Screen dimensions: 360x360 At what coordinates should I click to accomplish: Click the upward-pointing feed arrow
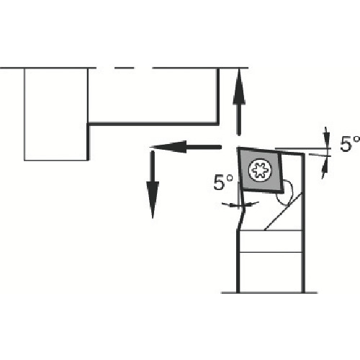pyautogui.click(x=239, y=102)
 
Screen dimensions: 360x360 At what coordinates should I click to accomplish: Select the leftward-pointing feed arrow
pyautogui.click(x=185, y=147)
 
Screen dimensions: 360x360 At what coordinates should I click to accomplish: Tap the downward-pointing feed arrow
pyautogui.click(x=153, y=184)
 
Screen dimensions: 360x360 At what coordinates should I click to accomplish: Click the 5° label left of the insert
pyautogui.click(x=223, y=183)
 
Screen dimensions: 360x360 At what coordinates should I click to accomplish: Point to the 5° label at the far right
pyautogui.click(x=350, y=144)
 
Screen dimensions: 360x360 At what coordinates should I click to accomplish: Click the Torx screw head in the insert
pyautogui.click(x=260, y=170)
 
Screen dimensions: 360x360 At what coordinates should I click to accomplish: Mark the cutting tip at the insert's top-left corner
pyautogui.click(x=238, y=148)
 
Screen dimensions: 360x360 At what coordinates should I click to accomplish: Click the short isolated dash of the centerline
pyautogui.click(x=124, y=68)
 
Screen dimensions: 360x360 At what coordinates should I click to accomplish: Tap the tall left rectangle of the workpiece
pyautogui.click(x=56, y=114)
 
